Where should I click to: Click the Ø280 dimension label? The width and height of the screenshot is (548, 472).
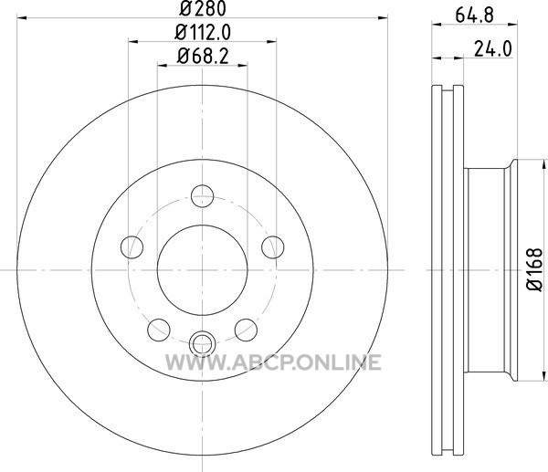203,9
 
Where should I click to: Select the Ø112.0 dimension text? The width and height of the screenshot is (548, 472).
203,33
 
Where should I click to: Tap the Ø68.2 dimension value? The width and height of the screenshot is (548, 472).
203,56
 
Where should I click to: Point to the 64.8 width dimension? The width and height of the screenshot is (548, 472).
475,16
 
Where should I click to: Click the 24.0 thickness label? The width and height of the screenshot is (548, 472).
493,49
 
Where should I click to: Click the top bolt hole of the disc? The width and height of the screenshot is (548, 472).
203,196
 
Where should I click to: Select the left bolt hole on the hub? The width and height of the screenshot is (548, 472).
132,247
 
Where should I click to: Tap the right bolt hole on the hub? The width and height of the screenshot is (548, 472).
273,247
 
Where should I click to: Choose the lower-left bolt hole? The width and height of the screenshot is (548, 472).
159,330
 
